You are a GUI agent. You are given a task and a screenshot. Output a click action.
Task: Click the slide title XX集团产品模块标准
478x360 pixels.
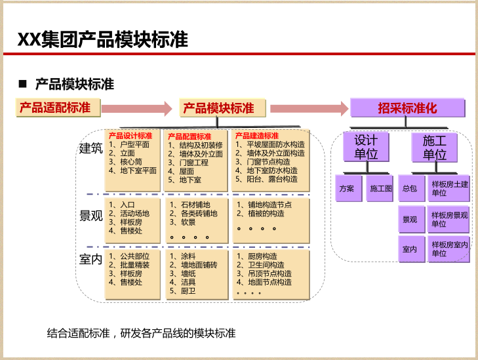pos(103,40)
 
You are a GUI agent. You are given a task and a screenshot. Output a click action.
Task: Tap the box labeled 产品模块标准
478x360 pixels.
pos(218,108)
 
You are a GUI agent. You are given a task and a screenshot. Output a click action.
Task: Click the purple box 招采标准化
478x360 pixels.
pos(407,108)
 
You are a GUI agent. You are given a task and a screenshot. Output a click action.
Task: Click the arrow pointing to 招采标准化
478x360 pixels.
pos(308,108)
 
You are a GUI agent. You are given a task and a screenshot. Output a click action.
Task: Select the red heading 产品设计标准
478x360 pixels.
pos(130,136)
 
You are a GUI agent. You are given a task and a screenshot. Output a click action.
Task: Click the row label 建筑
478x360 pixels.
pos(90,149)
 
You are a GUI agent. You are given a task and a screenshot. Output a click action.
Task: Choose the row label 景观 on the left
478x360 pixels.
pos(90,216)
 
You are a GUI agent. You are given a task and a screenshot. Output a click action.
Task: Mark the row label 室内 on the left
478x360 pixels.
pos(90,260)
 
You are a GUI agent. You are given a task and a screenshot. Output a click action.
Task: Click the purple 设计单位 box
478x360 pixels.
pos(366,148)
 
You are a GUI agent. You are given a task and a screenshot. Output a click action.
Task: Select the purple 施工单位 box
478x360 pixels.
pos(434,148)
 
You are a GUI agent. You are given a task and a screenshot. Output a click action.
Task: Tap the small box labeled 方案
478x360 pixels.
pos(347,188)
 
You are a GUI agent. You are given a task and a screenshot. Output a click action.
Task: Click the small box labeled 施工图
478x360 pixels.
pos(381,188)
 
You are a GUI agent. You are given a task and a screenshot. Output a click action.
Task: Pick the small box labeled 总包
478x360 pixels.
pos(410,188)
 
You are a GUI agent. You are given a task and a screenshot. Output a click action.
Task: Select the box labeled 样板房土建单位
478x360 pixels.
pos(449,188)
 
